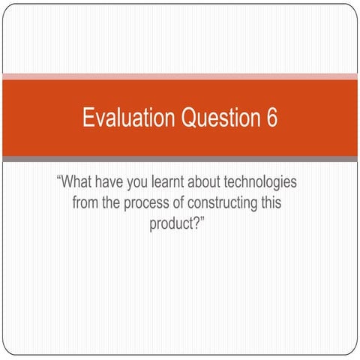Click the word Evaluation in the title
[121, 118]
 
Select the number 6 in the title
[271, 118]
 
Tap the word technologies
[265, 183]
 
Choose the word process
[145, 203]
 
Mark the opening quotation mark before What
[58, 180]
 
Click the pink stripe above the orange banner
[180, 76]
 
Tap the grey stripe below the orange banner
[180, 159]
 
